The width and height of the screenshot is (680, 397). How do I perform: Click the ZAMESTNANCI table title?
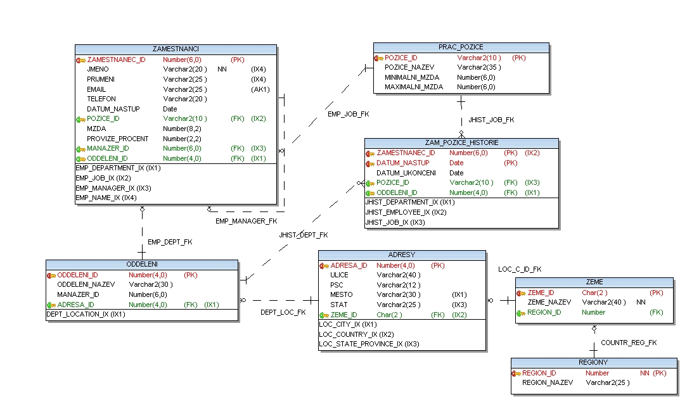[x=176, y=49]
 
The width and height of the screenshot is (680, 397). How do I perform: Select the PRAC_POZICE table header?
[x=461, y=47]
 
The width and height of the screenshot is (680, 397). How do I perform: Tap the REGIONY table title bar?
[x=593, y=363]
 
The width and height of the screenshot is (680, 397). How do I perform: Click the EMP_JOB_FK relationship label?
[x=348, y=115]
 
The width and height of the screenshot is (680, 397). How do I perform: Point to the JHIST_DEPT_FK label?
[x=304, y=236]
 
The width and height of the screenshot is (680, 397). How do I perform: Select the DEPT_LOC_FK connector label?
[x=283, y=312]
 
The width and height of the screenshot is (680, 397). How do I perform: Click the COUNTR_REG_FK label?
[x=629, y=343]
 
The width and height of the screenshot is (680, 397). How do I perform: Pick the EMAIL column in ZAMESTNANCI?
[x=96, y=89]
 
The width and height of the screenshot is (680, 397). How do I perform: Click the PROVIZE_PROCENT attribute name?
[x=118, y=139]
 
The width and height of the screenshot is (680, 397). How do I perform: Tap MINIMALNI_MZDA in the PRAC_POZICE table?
[x=411, y=77]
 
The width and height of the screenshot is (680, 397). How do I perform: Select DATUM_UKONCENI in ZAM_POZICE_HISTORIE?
[x=406, y=173]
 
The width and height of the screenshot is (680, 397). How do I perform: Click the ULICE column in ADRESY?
[x=339, y=275]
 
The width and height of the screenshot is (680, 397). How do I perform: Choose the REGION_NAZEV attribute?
[x=548, y=383]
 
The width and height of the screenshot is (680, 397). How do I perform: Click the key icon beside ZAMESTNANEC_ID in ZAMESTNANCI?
[x=80, y=60]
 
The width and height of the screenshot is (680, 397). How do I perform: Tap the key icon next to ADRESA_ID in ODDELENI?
[x=51, y=305]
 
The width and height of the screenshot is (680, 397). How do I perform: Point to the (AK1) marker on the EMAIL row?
[x=260, y=89]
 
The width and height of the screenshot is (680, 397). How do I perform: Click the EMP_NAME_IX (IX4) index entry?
[x=106, y=198]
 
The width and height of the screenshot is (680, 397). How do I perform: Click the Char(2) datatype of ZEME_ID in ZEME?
[x=594, y=293]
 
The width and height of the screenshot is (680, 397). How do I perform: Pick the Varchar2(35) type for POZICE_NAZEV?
[x=478, y=67]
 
